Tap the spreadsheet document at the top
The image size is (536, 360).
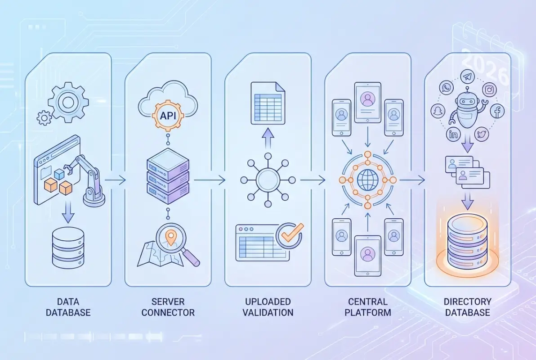[268, 103]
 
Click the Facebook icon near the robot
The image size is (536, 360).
[497, 111]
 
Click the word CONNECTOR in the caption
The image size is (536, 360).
[168, 312]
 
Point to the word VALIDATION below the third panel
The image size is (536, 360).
[268, 312]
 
